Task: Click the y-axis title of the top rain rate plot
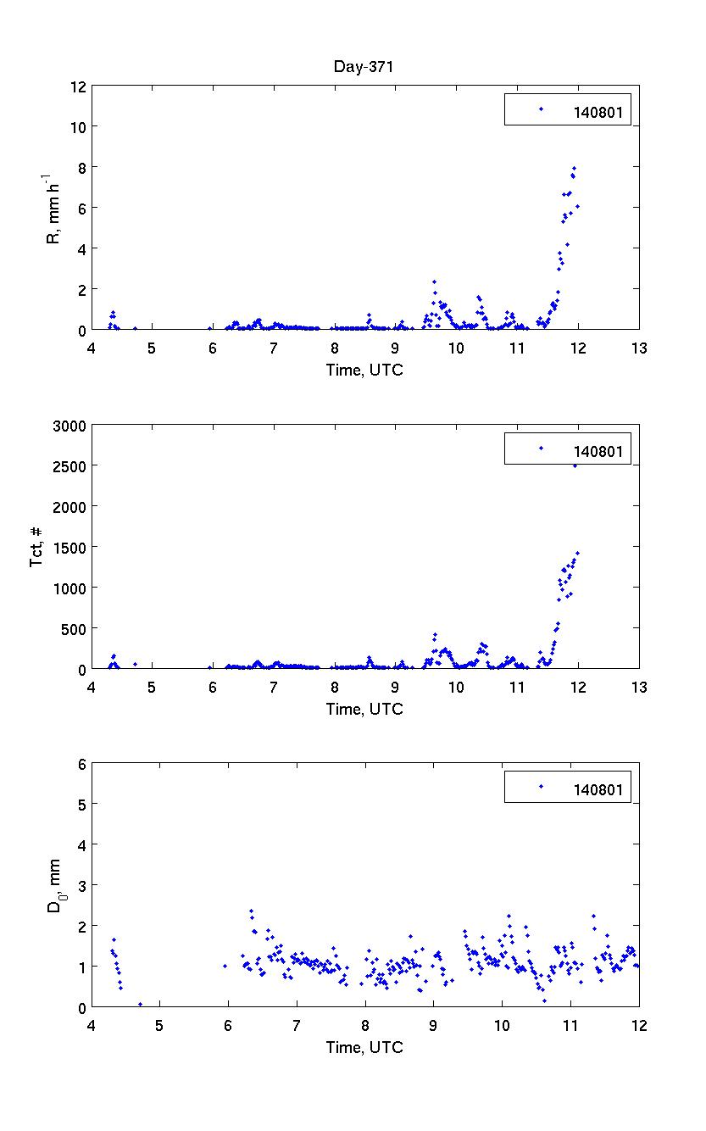(53, 208)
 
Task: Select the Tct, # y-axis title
(37, 547)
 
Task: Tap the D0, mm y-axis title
(53, 886)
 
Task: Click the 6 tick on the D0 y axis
(82, 764)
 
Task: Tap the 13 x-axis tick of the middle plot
(639, 688)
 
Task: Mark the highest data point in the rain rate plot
(574, 169)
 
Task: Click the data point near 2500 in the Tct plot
(575, 465)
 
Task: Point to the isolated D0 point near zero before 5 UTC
(141, 1005)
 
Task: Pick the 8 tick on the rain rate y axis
(82, 167)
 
